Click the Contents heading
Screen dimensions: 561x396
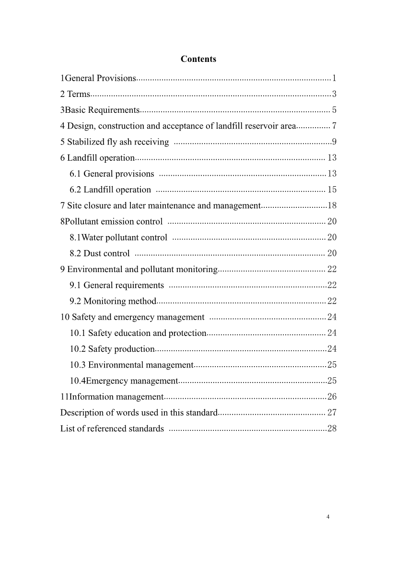[x=198, y=59]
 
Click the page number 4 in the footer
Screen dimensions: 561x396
[x=328, y=517]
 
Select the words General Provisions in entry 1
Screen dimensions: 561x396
[x=101, y=78]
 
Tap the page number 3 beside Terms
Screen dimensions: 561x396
[x=334, y=94]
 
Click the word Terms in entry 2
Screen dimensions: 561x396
[x=79, y=94]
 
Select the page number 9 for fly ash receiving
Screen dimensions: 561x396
[x=334, y=142]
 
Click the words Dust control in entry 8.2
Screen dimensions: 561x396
[x=106, y=253]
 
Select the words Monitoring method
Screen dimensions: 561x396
[x=120, y=301]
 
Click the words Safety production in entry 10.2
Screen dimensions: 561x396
[x=121, y=349]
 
